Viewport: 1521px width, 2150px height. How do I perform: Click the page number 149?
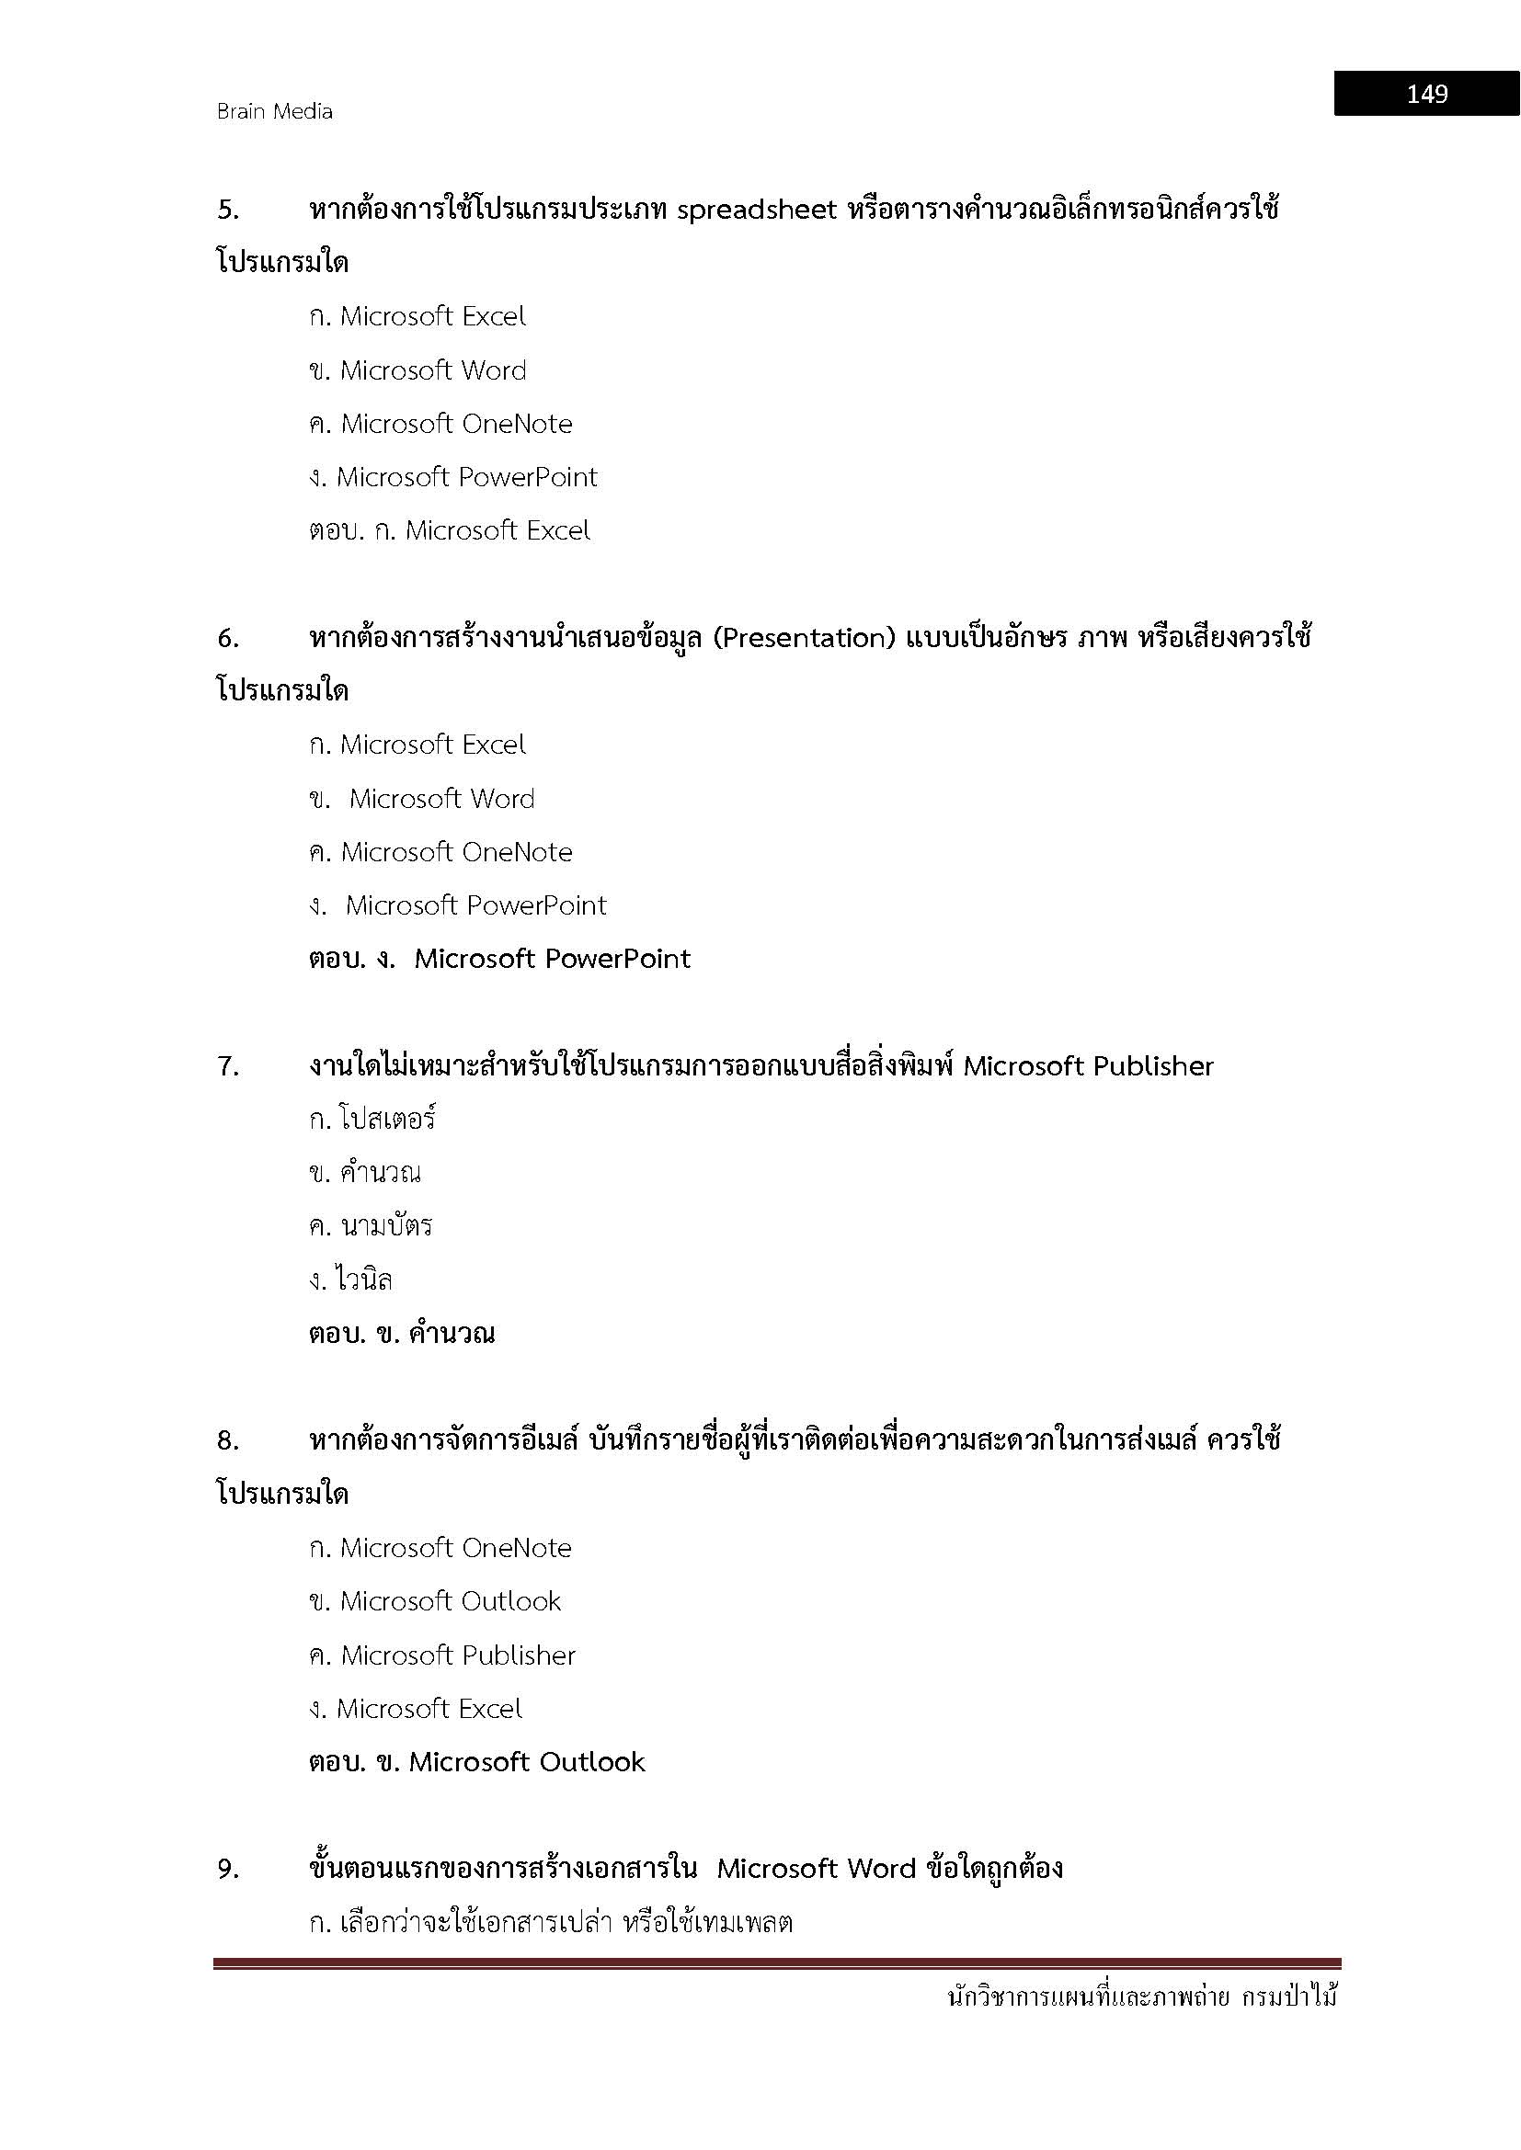coord(1426,94)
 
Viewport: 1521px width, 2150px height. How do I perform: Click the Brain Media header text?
coord(274,111)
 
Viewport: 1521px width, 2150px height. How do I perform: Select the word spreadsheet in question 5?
coord(756,209)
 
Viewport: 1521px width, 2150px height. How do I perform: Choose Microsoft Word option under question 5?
coord(433,370)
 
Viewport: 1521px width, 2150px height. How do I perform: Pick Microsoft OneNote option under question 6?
coord(456,852)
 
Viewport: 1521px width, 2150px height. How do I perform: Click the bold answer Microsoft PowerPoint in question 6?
coord(552,959)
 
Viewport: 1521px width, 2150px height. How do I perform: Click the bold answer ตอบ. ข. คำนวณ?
coord(402,1334)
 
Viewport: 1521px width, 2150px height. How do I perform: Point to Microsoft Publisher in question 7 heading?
coord(1088,1066)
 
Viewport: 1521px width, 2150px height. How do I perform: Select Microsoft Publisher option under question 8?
coord(457,1655)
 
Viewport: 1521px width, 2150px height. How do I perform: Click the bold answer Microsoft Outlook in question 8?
coord(526,1762)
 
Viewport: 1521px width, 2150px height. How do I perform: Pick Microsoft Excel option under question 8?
coord(429,1709)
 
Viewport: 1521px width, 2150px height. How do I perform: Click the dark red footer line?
coord(777,1963)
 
